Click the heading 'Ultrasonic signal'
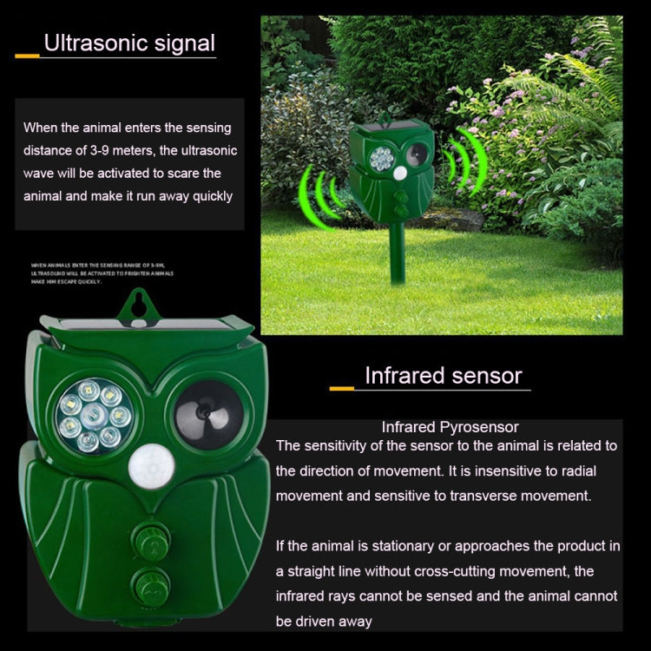pyautogui.click(x=129, y=43)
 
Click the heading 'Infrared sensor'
pyautogui.click(x=443, y=375)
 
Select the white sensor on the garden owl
pyautogui.click(x=400, y=174)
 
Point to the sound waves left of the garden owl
pyautogui.click(x=319, y=196)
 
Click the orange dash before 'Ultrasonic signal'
pyautogui.click(x=27, y=55)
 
